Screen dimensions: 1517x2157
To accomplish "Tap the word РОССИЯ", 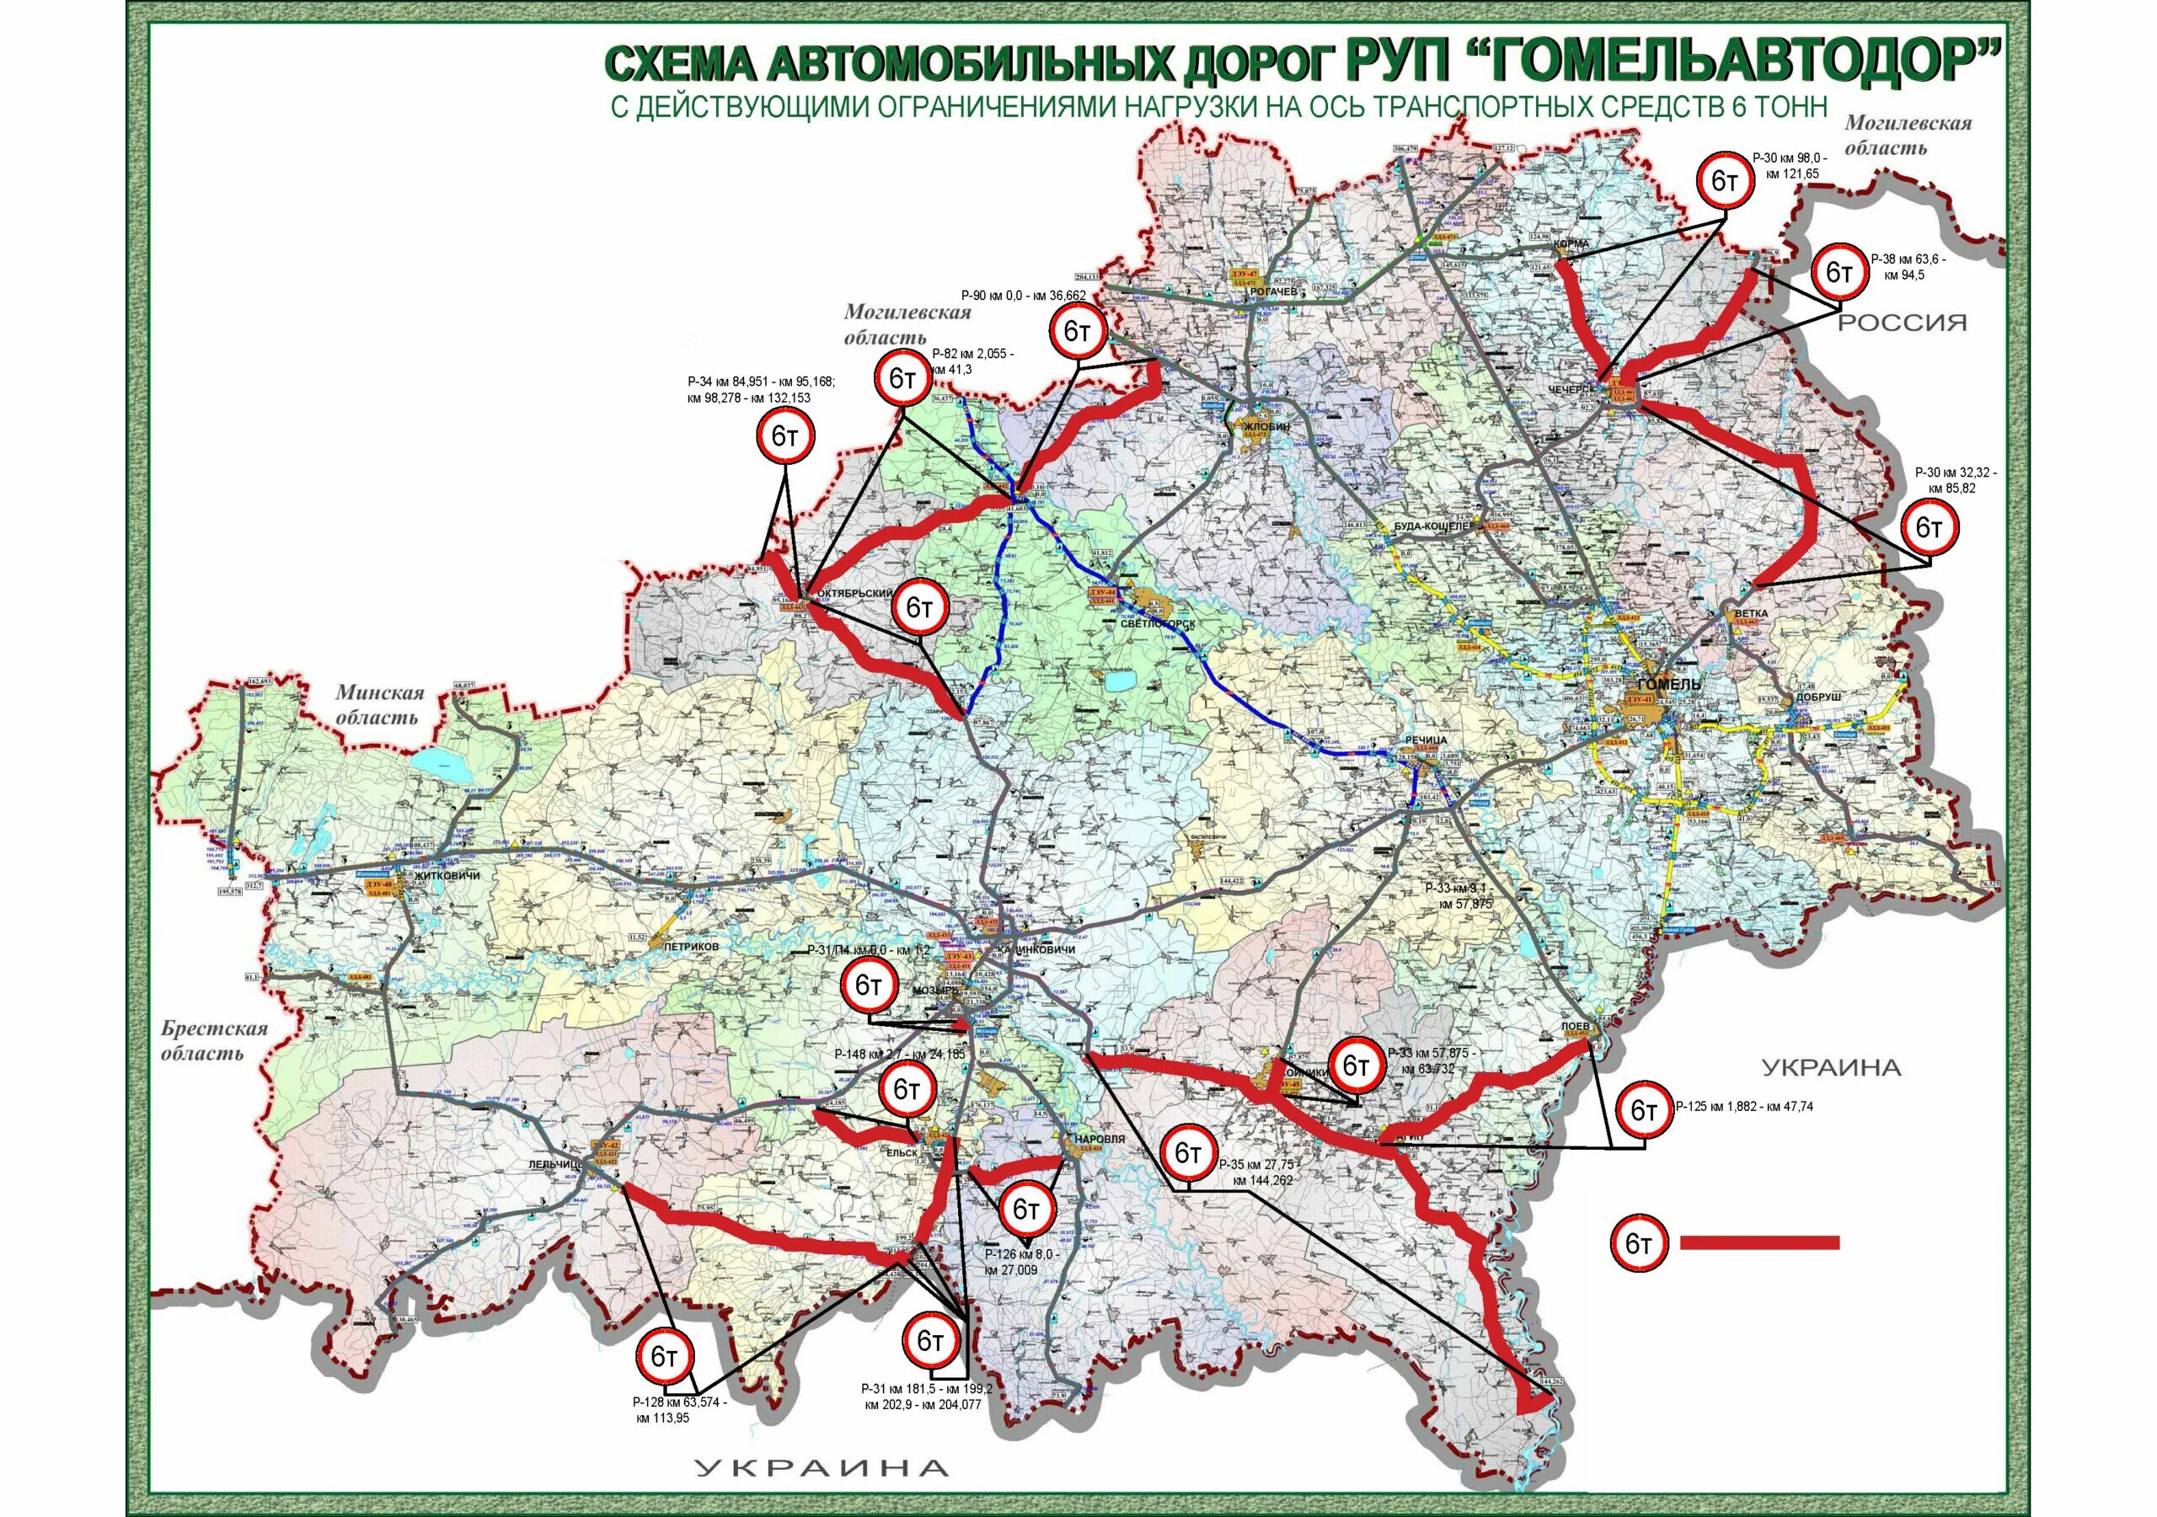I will [1902, 323].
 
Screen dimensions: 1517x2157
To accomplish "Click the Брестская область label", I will [214, 1039].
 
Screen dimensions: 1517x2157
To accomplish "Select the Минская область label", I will [381, 704].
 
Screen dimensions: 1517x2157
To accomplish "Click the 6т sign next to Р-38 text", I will [1839, 274].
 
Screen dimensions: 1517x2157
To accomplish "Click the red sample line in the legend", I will [1758, 1242].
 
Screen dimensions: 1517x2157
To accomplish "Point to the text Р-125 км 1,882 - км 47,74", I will [1743, 1107].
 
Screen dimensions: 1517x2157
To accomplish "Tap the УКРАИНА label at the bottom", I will [822, 1468].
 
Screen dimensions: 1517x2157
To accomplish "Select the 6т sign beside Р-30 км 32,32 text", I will [1930, 529].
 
